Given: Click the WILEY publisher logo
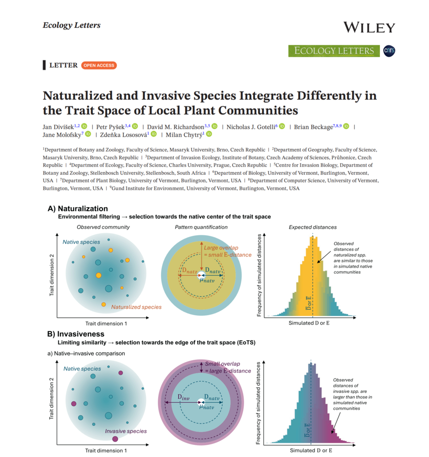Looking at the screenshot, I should [x=369, y=27].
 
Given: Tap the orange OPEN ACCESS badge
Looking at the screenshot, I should [x=99, y=66].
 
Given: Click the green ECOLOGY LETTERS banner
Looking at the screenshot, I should [x=334, y=51].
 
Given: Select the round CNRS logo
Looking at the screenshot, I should [x=389, y=51].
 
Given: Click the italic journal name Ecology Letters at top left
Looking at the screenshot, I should [x=71, y=25].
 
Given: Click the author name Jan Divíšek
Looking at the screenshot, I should [x=58, y=127].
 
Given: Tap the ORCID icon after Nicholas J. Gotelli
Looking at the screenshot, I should [x=282, y=127].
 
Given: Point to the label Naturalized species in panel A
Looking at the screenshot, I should [x=136, y=307].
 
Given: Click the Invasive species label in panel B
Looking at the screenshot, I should [x=126, y=431].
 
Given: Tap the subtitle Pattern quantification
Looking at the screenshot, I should [x=201, y=227].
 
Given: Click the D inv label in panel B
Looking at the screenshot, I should [x=184, y=397].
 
